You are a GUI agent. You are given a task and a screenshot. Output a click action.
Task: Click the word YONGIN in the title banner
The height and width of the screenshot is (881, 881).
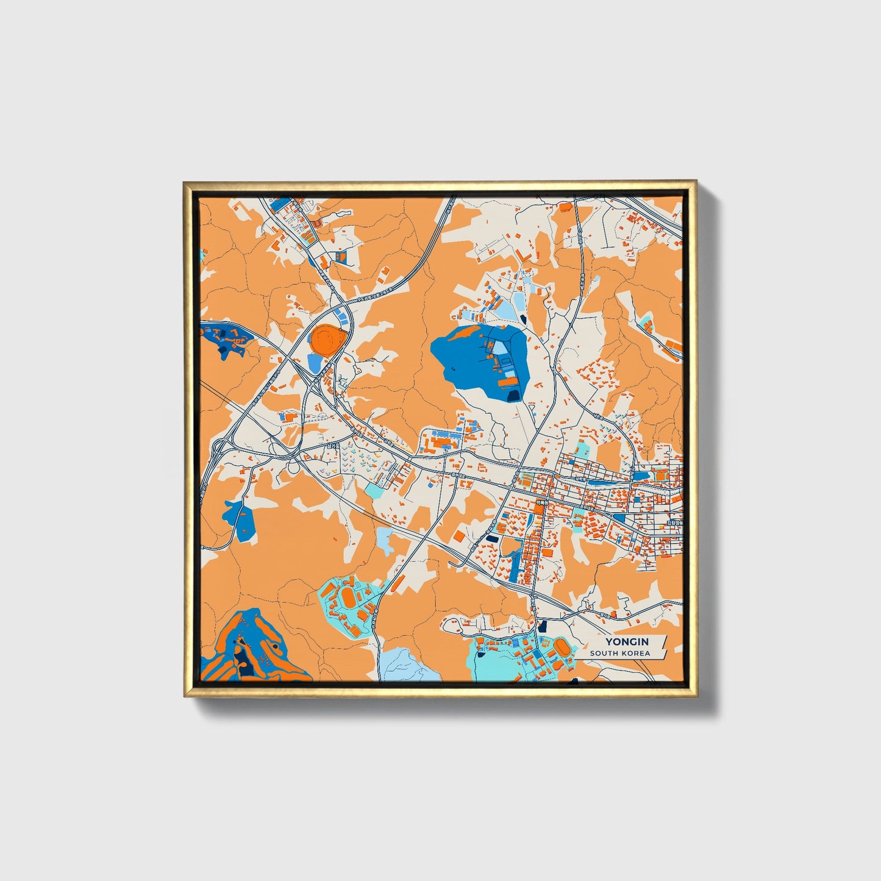[x=627, y=641]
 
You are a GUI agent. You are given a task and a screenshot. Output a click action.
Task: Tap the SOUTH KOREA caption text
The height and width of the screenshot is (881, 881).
[x=620, y=653]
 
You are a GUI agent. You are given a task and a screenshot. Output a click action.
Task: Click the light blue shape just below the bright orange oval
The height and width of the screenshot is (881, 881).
[x=315, y=363]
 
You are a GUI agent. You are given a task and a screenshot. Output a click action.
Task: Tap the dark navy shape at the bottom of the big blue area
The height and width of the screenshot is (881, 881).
[x=513, y=396]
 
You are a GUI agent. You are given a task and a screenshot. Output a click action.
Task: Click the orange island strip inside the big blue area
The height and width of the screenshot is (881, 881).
[x=507, y=382]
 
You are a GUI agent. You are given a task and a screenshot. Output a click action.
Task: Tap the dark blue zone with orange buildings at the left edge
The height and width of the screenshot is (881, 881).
[x=223, y=336]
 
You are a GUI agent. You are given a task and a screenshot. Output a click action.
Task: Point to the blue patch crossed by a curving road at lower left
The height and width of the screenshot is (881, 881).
[x=239, y=519]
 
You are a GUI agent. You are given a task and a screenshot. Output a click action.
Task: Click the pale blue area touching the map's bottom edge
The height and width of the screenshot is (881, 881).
[x=402, y=665]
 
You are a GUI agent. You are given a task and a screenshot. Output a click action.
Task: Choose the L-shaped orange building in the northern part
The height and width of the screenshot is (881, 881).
[x=523, y=255]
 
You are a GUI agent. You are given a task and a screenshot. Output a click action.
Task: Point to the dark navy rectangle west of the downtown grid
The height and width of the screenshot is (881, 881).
[x=491, y=539]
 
